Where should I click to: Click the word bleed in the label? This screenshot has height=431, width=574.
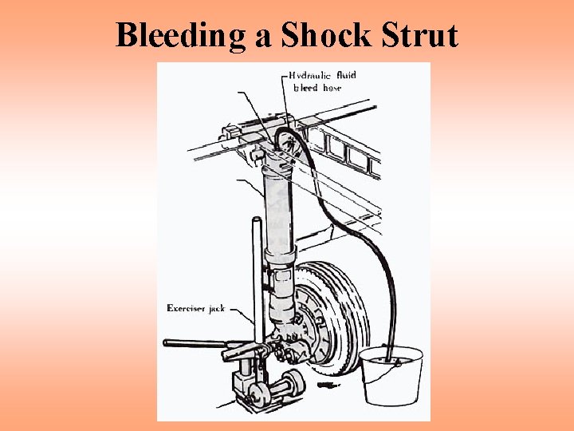tap(307, 88)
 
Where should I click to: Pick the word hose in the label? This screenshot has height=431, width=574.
tap(332, 88)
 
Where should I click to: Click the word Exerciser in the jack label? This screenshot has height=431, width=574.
tap(187, 308)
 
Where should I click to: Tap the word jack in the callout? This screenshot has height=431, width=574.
tap(217, 308)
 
